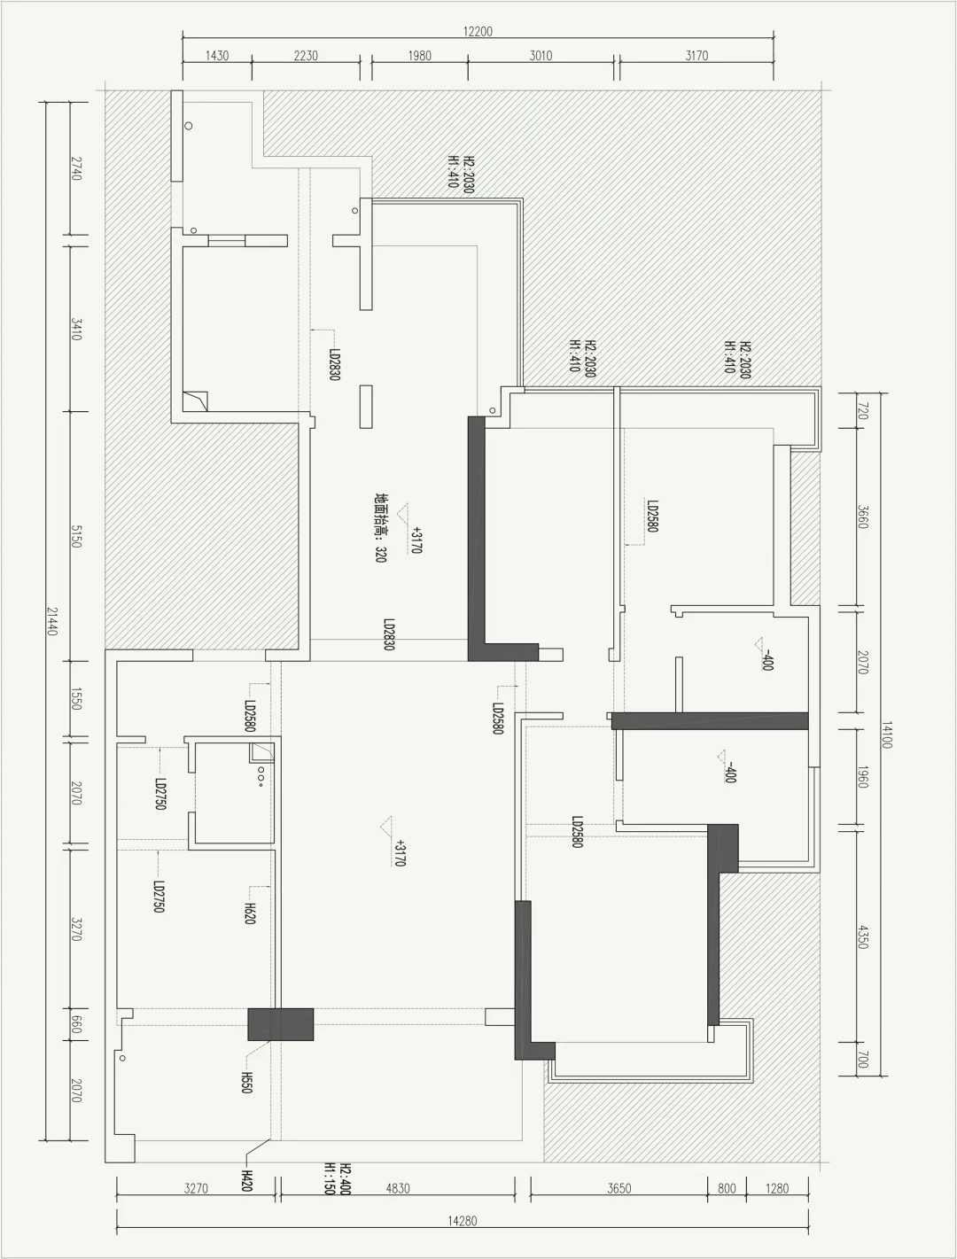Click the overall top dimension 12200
478,32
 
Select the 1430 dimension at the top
217,56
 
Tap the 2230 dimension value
306,56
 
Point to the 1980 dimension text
419,56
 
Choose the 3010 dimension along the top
541,56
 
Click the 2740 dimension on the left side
76,167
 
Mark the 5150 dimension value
76,536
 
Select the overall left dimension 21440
52,621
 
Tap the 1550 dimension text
76,699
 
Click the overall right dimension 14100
887,734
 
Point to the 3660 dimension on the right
863,517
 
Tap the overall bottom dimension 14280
463,1221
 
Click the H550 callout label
246,1083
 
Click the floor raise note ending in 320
380,527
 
